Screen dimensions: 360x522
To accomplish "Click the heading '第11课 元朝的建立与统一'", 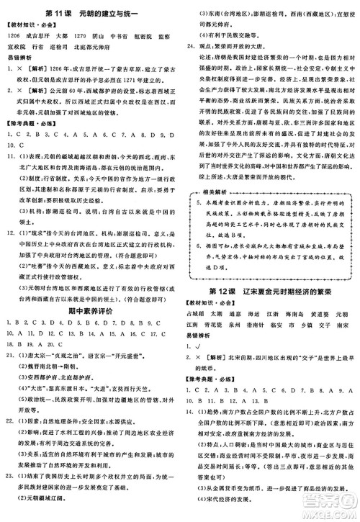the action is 89,14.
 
